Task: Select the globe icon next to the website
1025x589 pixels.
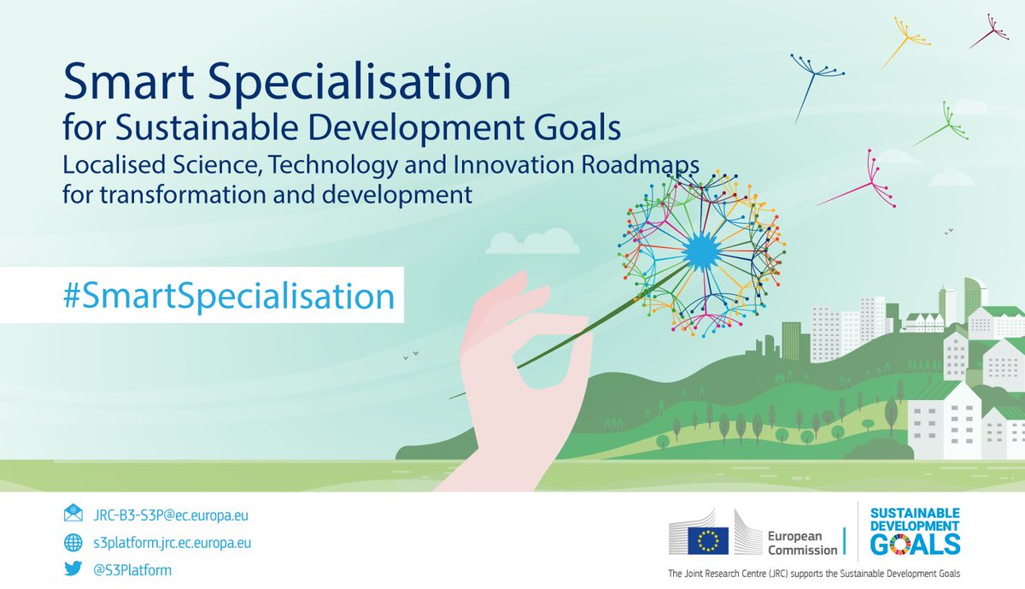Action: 73,542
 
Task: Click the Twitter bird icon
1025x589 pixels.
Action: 73,569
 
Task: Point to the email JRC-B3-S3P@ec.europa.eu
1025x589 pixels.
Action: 169,515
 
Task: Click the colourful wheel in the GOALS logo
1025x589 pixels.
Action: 900,544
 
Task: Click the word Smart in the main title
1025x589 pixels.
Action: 125,85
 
